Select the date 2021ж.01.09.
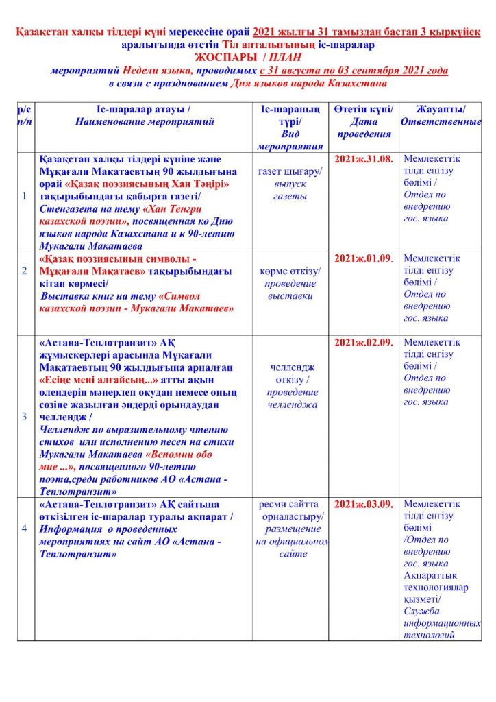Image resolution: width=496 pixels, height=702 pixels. click(363, 258)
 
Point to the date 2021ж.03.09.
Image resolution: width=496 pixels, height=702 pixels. click(363, 505)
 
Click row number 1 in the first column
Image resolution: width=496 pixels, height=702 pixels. click(25, 197)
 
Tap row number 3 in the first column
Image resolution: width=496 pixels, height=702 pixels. click(25, 416)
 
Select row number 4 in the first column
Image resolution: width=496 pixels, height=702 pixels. click(25, 529)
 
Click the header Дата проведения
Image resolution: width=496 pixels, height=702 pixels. click(363, 128)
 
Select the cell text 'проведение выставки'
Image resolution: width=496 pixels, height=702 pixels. click(291, 289)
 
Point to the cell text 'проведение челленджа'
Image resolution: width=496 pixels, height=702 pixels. click(291, 398)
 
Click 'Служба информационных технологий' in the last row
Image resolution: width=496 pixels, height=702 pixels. click(441, 623)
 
